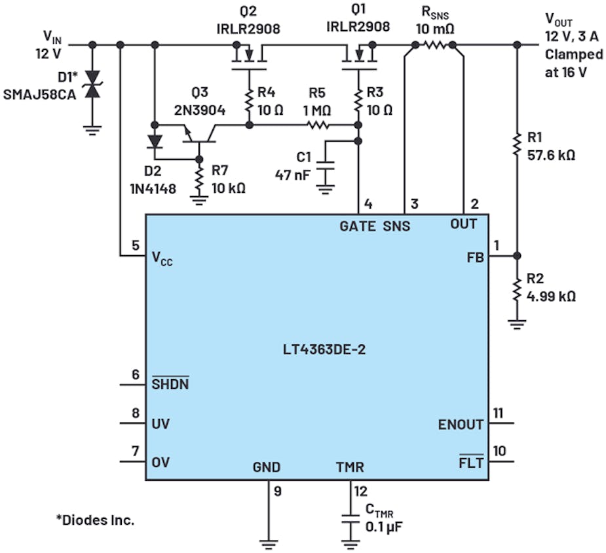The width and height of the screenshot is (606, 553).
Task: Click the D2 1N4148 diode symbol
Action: pyautogui.click(x=155, y=142)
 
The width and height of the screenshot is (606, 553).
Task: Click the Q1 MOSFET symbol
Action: pyautogui.click(x=358, y=58)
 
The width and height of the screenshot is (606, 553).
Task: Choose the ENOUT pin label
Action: pyautogui.click(x=461, y=424)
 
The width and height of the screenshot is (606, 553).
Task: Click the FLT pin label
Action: pyautogui.click(x=470, y=462)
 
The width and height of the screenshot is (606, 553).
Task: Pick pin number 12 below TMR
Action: pyautogui.click(x=360, y=489)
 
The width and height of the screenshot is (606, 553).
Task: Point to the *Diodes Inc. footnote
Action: pyautogui.click(x=95, y=520)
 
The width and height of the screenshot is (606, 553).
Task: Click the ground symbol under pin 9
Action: pyautogui.click(x=269, y=542)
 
